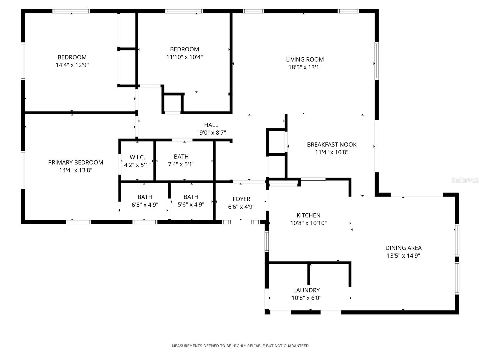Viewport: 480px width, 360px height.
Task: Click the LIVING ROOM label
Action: pyautogui.click(x=305, y=59)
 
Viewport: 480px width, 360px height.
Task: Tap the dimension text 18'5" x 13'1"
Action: pyautogui.click(x=305, y=67)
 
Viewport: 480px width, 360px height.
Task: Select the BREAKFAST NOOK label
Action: pyautogui.click(x=331, y=145)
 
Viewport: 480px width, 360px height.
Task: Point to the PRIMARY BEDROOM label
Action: pyautogui.click(x=76, y=162)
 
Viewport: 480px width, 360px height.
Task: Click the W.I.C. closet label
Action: pyautogui.click(x=137, y=157)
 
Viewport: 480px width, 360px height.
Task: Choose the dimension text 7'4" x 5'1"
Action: pyautogui.click(x=181, y=164)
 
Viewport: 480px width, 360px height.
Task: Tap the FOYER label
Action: pyautogui.click(x=241, y=199)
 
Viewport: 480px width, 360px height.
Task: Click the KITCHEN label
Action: pyautogui.click(x=308, y=215)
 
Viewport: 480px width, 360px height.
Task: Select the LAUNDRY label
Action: pyautogui.click(x=306, y=290)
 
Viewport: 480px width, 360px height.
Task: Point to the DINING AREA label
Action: pyautogui.click(x=403, y=248)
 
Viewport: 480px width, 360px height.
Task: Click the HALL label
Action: pyautogui.click(x=211, y=125)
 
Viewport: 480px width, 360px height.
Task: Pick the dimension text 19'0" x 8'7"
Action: pyautogui.click(x=211, y=133)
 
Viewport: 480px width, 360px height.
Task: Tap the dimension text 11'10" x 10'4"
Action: pyautogui.click(x=184, y=57)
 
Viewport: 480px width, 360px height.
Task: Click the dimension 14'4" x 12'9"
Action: pyautogui.click(x=72, y=65)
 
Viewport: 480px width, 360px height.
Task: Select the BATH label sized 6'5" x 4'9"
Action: pyautogui.click(x=145, y=197)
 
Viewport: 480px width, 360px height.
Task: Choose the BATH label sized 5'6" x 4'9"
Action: pyautogui.click(x=191, y=197)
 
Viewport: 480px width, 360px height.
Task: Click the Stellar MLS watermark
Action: pyautogui.click(x=465, y=180)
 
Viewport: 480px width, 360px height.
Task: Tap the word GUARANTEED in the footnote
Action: pyautogui.click(x=296, y=346)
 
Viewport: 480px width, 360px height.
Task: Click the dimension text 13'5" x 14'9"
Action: pyautogui.click(x=403, y=256)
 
